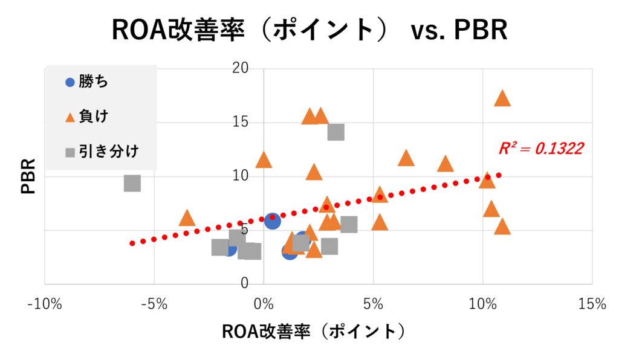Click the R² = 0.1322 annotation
[540, 149]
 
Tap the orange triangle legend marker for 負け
[70, 117]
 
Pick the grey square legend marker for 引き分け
[70, 152]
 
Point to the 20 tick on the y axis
[241, 68]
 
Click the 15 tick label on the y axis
[241, 121]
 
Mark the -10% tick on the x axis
[45, 304]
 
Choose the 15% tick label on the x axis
[591, 304]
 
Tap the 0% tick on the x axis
[264, 304]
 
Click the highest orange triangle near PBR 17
[502, 98]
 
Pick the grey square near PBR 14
[335, 132]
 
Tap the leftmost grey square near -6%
[132, 183]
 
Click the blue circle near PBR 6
[273, 221]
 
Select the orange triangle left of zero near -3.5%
[187, 219]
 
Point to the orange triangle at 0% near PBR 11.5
[264, 161]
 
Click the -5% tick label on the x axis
[154, 304]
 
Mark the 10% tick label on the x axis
[482, 304]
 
